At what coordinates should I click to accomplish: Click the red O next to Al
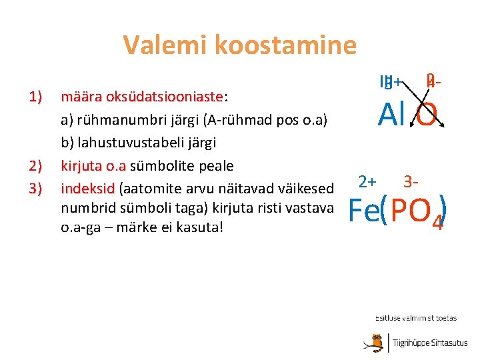(x=427, y=116)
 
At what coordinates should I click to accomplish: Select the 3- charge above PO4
(x=411, y=181)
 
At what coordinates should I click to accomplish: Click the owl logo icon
(x=379, y=343)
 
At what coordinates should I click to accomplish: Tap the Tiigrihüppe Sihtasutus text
(x=430, y=343)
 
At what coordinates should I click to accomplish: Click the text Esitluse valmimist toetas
(x=415, y=319)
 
